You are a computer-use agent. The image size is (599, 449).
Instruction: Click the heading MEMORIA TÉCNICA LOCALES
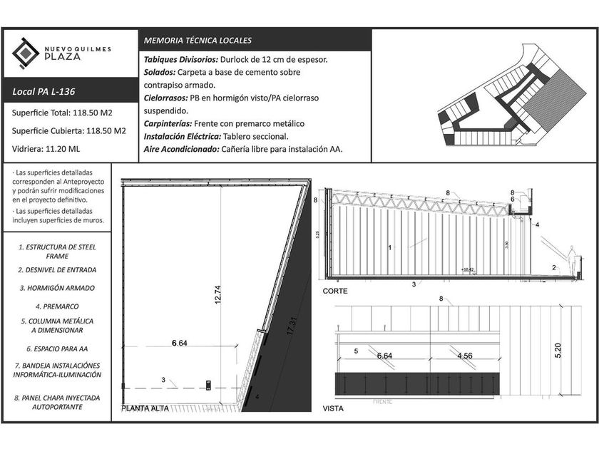[198, 41]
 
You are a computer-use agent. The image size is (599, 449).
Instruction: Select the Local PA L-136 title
[44, 92]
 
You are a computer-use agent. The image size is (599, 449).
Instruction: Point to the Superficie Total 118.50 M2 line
[63, 113]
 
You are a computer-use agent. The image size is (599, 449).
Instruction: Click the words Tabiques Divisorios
[176, 60]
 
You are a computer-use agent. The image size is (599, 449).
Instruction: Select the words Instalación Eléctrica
[181, 137]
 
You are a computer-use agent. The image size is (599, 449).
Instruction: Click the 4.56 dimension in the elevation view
[464, 355]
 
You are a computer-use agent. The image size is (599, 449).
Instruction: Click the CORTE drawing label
[335, 291]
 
